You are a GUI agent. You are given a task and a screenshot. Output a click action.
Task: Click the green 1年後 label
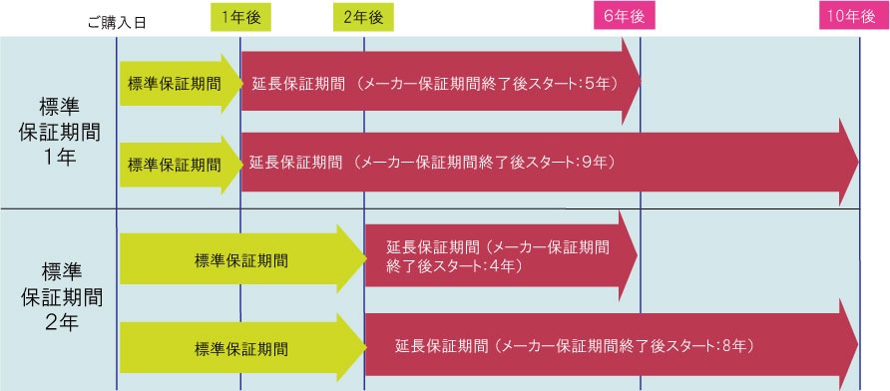pos(240,16)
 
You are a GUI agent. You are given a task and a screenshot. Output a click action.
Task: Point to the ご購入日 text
pos(117,23)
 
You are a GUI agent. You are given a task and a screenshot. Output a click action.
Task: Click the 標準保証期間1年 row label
pos(58,124)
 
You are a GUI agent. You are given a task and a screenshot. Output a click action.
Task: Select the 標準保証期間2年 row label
pos(58,296)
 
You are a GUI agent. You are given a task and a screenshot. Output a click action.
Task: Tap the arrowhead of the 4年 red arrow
pos(627,255)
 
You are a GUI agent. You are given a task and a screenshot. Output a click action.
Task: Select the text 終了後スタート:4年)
pos(454,267)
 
